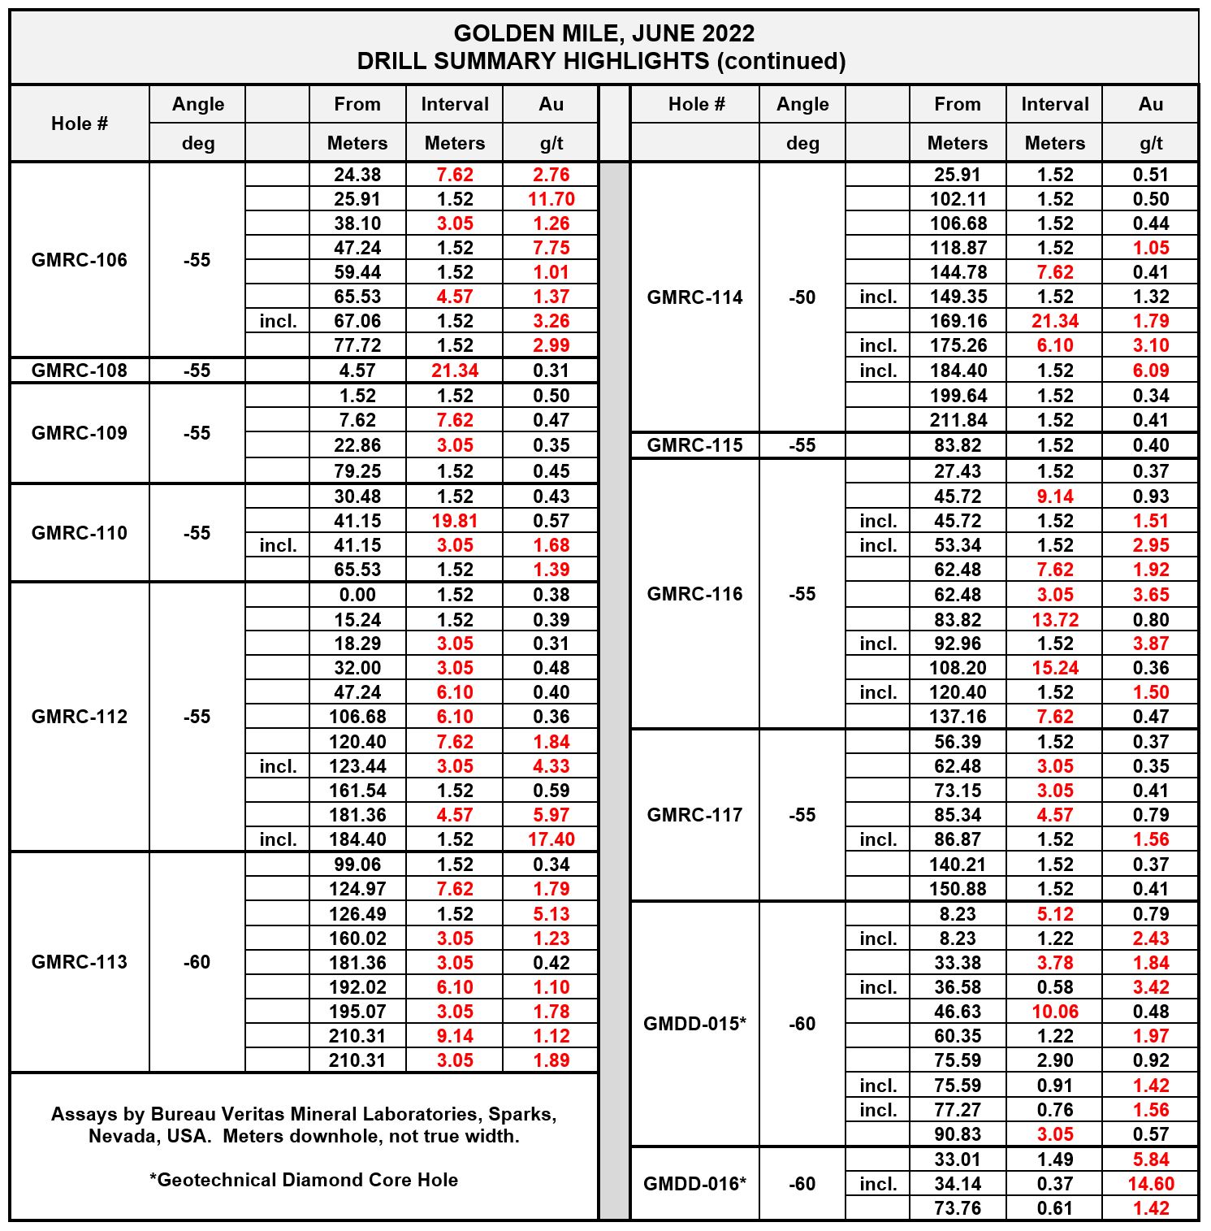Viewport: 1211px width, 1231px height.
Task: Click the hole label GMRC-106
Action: pos(79,260)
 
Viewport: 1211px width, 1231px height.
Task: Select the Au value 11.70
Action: pos(551,199)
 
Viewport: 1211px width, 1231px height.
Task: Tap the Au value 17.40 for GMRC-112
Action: pos(551,839)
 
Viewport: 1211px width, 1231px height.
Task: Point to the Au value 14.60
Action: pos(1151,1184)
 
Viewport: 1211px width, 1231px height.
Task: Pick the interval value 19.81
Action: pos(455,521)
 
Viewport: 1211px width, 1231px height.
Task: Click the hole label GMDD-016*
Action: pos(694,1184)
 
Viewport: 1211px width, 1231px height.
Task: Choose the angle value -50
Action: pos(802,297)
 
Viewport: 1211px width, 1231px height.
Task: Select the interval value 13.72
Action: pos(1055,620)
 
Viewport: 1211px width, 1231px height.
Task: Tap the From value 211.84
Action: pos(958,420)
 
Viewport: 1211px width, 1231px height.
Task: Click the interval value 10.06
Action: pos(1055,1012)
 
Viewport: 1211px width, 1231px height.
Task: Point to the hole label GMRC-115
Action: pos(694,445)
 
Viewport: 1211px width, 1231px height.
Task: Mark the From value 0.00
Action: pos(357,595)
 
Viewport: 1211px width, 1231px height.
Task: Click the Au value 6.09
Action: pos(1151,371)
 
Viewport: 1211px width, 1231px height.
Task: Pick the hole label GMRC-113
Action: pos(79,962)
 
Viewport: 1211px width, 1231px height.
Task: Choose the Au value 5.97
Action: pos(551,815)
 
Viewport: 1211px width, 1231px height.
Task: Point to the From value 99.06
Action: pos(357,865)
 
